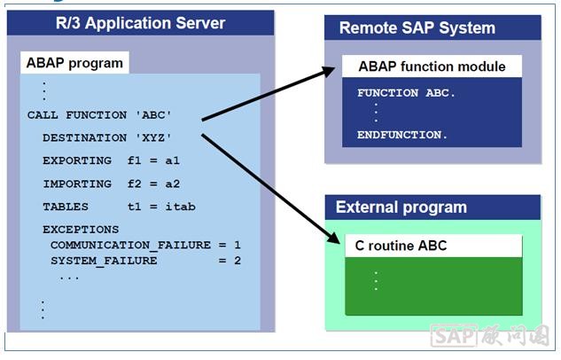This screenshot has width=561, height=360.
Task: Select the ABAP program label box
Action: (74, 63)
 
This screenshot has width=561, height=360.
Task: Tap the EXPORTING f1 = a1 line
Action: (114, 160)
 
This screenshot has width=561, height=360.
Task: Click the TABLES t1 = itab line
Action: (119, 207)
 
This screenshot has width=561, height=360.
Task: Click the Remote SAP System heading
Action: (417, 28)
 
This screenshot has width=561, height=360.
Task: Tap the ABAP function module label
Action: (432, 67)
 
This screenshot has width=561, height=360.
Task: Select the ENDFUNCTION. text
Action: (401, 135)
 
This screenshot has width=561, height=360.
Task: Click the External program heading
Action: (401, 208)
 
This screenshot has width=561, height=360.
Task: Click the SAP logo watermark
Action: (453, 336)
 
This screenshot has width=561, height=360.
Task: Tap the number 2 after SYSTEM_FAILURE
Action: (238, 261)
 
